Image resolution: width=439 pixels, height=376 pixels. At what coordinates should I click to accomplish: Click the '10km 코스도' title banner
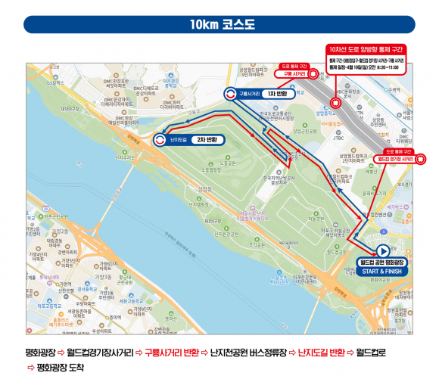(219, 23)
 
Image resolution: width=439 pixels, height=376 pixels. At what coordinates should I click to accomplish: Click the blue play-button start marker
(382, 250)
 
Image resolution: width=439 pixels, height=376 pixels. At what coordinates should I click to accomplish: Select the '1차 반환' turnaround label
(274, 94)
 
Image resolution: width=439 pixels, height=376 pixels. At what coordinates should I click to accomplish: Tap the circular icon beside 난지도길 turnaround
(160, 139)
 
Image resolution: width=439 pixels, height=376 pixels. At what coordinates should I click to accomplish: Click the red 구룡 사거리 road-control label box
(294, 74)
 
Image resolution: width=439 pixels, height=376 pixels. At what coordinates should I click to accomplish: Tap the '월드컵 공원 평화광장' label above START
(382, 262)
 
